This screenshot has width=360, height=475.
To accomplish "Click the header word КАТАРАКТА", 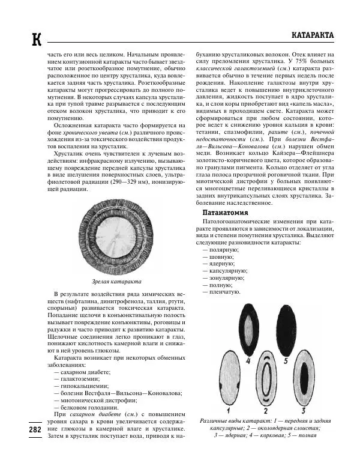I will pyautogui.click(x=312, y=35).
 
